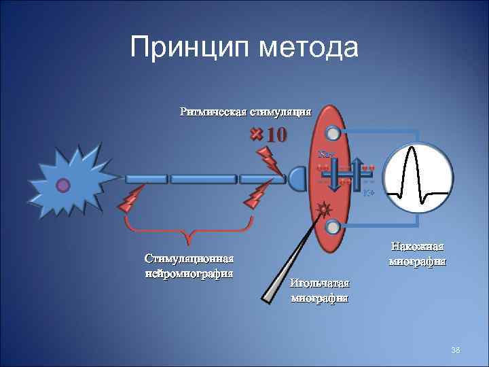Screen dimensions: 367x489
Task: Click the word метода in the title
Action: click(306, 48)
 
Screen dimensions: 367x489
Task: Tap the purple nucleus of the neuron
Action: click(63, 184)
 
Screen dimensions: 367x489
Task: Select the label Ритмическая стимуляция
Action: click(245, 111)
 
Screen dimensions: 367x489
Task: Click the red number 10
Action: click(276, 134)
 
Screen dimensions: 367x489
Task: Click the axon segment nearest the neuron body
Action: click(145, 179)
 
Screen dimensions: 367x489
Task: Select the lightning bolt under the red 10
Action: click(268, 160)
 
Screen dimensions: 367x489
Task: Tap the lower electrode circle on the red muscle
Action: click(332, 226)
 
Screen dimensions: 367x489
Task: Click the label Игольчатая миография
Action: click(319, 290)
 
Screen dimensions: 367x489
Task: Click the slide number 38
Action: click(456, 349)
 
